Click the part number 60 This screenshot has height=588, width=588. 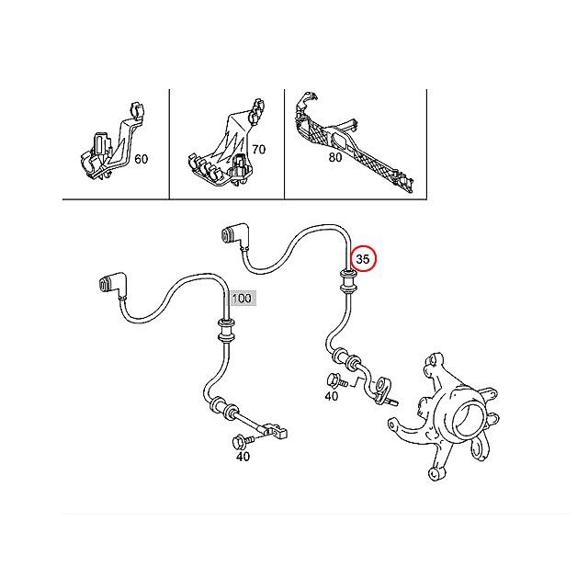point(141,159)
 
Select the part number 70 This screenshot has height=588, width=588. point(257,148)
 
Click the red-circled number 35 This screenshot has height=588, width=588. point(363,260)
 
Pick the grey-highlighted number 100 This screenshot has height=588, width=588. point(243,299)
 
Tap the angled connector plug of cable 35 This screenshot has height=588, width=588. point(234,239)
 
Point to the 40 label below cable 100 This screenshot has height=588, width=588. point(243,457)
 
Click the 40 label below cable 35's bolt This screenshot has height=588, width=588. point(331,397)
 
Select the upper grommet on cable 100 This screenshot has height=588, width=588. point(223,326)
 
